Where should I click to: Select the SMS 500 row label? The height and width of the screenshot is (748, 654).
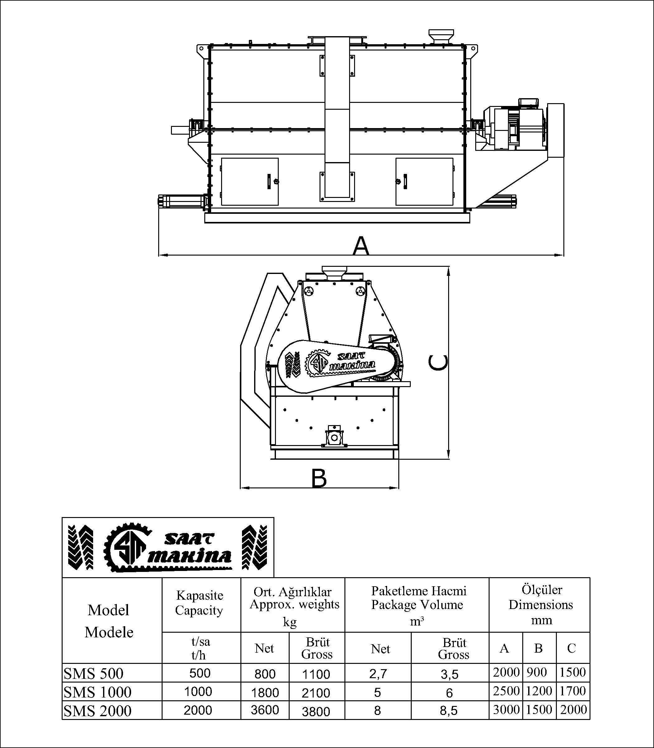click(x=94, y=674)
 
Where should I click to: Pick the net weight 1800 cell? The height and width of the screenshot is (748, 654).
click(x=265, y=692)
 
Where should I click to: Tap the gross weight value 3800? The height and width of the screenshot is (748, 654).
click(x=316, y=711)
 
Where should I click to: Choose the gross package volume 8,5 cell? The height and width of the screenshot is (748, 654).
click(x=449, y=711)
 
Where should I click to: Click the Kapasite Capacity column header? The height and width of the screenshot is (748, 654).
click(x=199, y=603)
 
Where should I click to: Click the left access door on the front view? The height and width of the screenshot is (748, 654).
click(x=250, y=181)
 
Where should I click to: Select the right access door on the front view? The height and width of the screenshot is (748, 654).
click(x=424, y=181)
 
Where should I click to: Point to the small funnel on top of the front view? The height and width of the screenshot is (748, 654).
click(x=441, y=37)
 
